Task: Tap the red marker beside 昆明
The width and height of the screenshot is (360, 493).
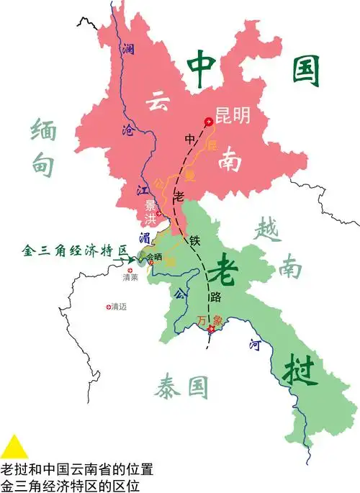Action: coord(209,122)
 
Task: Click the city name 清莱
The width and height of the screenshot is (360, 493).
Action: coord(130,277)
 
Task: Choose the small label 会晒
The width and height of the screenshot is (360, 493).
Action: coord(154,256)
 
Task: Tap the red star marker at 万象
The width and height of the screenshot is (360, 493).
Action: coord(211,330)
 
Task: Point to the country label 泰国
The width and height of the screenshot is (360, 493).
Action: coord(180,389)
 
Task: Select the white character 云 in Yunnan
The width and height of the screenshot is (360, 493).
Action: coord(157,101)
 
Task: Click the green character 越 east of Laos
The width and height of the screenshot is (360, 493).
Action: coord(267,232)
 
